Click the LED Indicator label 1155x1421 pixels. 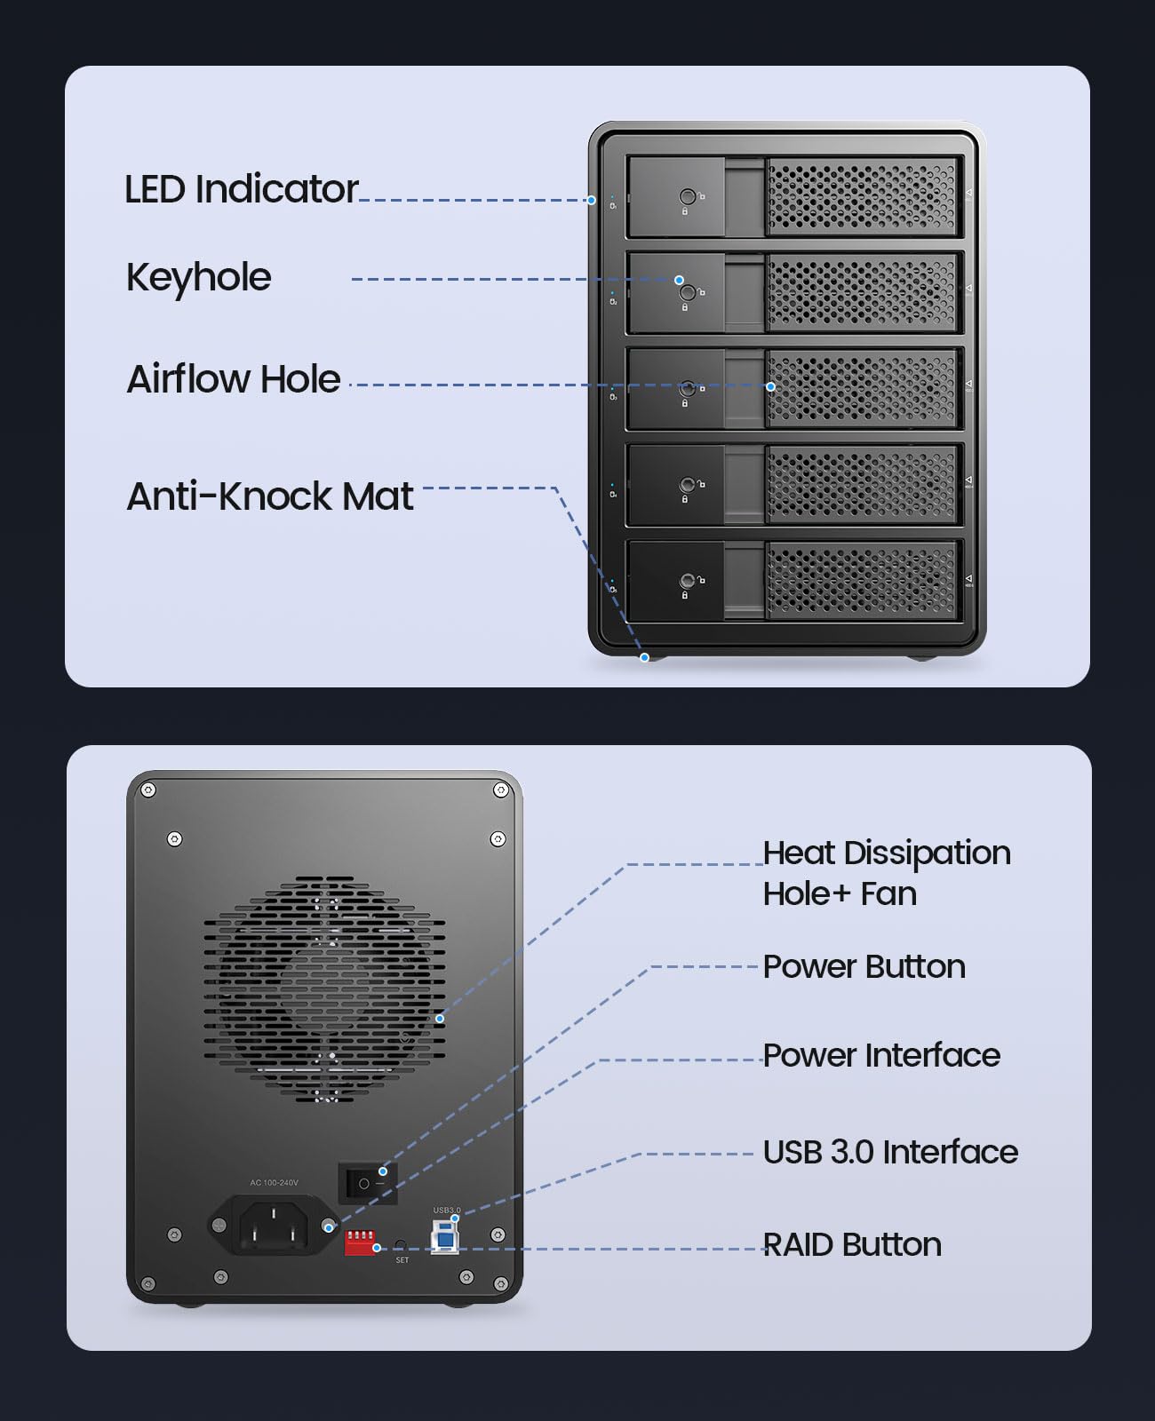241,189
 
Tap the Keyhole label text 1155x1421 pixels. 198,277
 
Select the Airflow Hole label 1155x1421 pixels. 234,379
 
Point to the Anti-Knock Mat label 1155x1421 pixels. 270,496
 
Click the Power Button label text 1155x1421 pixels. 864,966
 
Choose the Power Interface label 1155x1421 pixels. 881,1055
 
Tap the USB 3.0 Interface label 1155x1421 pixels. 890,1152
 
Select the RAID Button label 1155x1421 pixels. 852,1245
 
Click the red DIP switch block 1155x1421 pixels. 360,1242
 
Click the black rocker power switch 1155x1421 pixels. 368,1184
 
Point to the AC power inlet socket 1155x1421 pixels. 273,1225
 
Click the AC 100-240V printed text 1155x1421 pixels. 274,1183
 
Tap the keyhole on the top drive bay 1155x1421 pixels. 687,197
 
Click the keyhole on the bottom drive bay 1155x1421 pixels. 687,581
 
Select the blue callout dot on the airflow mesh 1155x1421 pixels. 770,386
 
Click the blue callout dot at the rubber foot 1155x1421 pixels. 645,657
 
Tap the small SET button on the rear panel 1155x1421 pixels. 401,1245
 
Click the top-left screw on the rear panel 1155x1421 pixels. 148,790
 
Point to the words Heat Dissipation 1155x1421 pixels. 887,853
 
